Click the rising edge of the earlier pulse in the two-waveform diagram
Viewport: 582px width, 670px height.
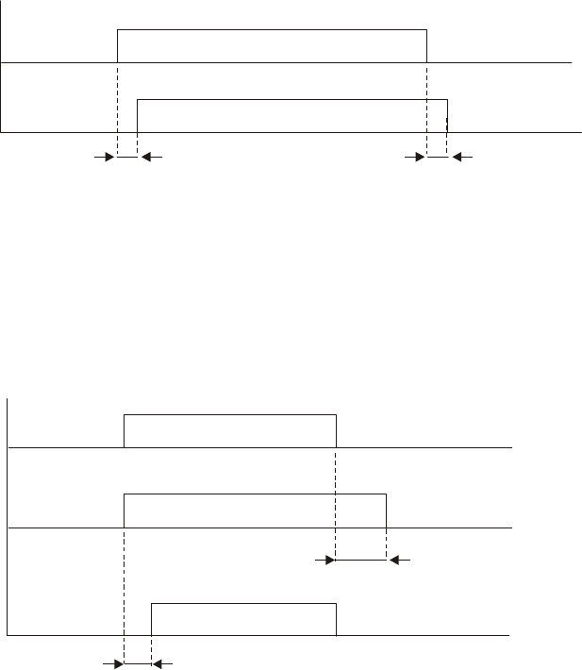(x=117, y=46)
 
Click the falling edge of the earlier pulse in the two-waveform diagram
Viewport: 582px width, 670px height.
(x=427, y=46)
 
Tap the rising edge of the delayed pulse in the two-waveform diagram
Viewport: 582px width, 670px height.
(x=138, y=115)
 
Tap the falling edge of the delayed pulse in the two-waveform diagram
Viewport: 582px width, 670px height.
(x=447, y=115)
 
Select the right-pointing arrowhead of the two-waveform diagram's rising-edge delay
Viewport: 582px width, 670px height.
(x=110, y=159)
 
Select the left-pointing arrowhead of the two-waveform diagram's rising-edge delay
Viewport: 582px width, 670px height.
(x=144, y=159)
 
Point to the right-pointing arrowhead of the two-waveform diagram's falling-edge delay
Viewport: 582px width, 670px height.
(x=421, y=159)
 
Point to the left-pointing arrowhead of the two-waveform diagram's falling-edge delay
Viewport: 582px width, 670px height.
(x=455, y=159)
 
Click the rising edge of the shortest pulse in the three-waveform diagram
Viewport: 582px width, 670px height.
(x=152, y=619)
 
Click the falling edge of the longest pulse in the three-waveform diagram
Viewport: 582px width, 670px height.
(x=386, y=511)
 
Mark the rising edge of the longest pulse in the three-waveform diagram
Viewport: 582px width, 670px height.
(x=125, y=511)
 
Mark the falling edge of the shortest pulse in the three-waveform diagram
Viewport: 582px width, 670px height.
(x=336, y=619)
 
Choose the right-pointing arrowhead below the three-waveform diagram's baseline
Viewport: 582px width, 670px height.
(x=119, y=664)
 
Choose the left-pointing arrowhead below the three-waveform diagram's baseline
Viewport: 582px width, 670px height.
(x=158, y=664)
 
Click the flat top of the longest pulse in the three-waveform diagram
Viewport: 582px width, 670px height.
(x=255, y=493)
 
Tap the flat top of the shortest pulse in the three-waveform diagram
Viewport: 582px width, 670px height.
(x=243, y=602)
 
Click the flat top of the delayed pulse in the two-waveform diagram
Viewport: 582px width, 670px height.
(x=292, y=98)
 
